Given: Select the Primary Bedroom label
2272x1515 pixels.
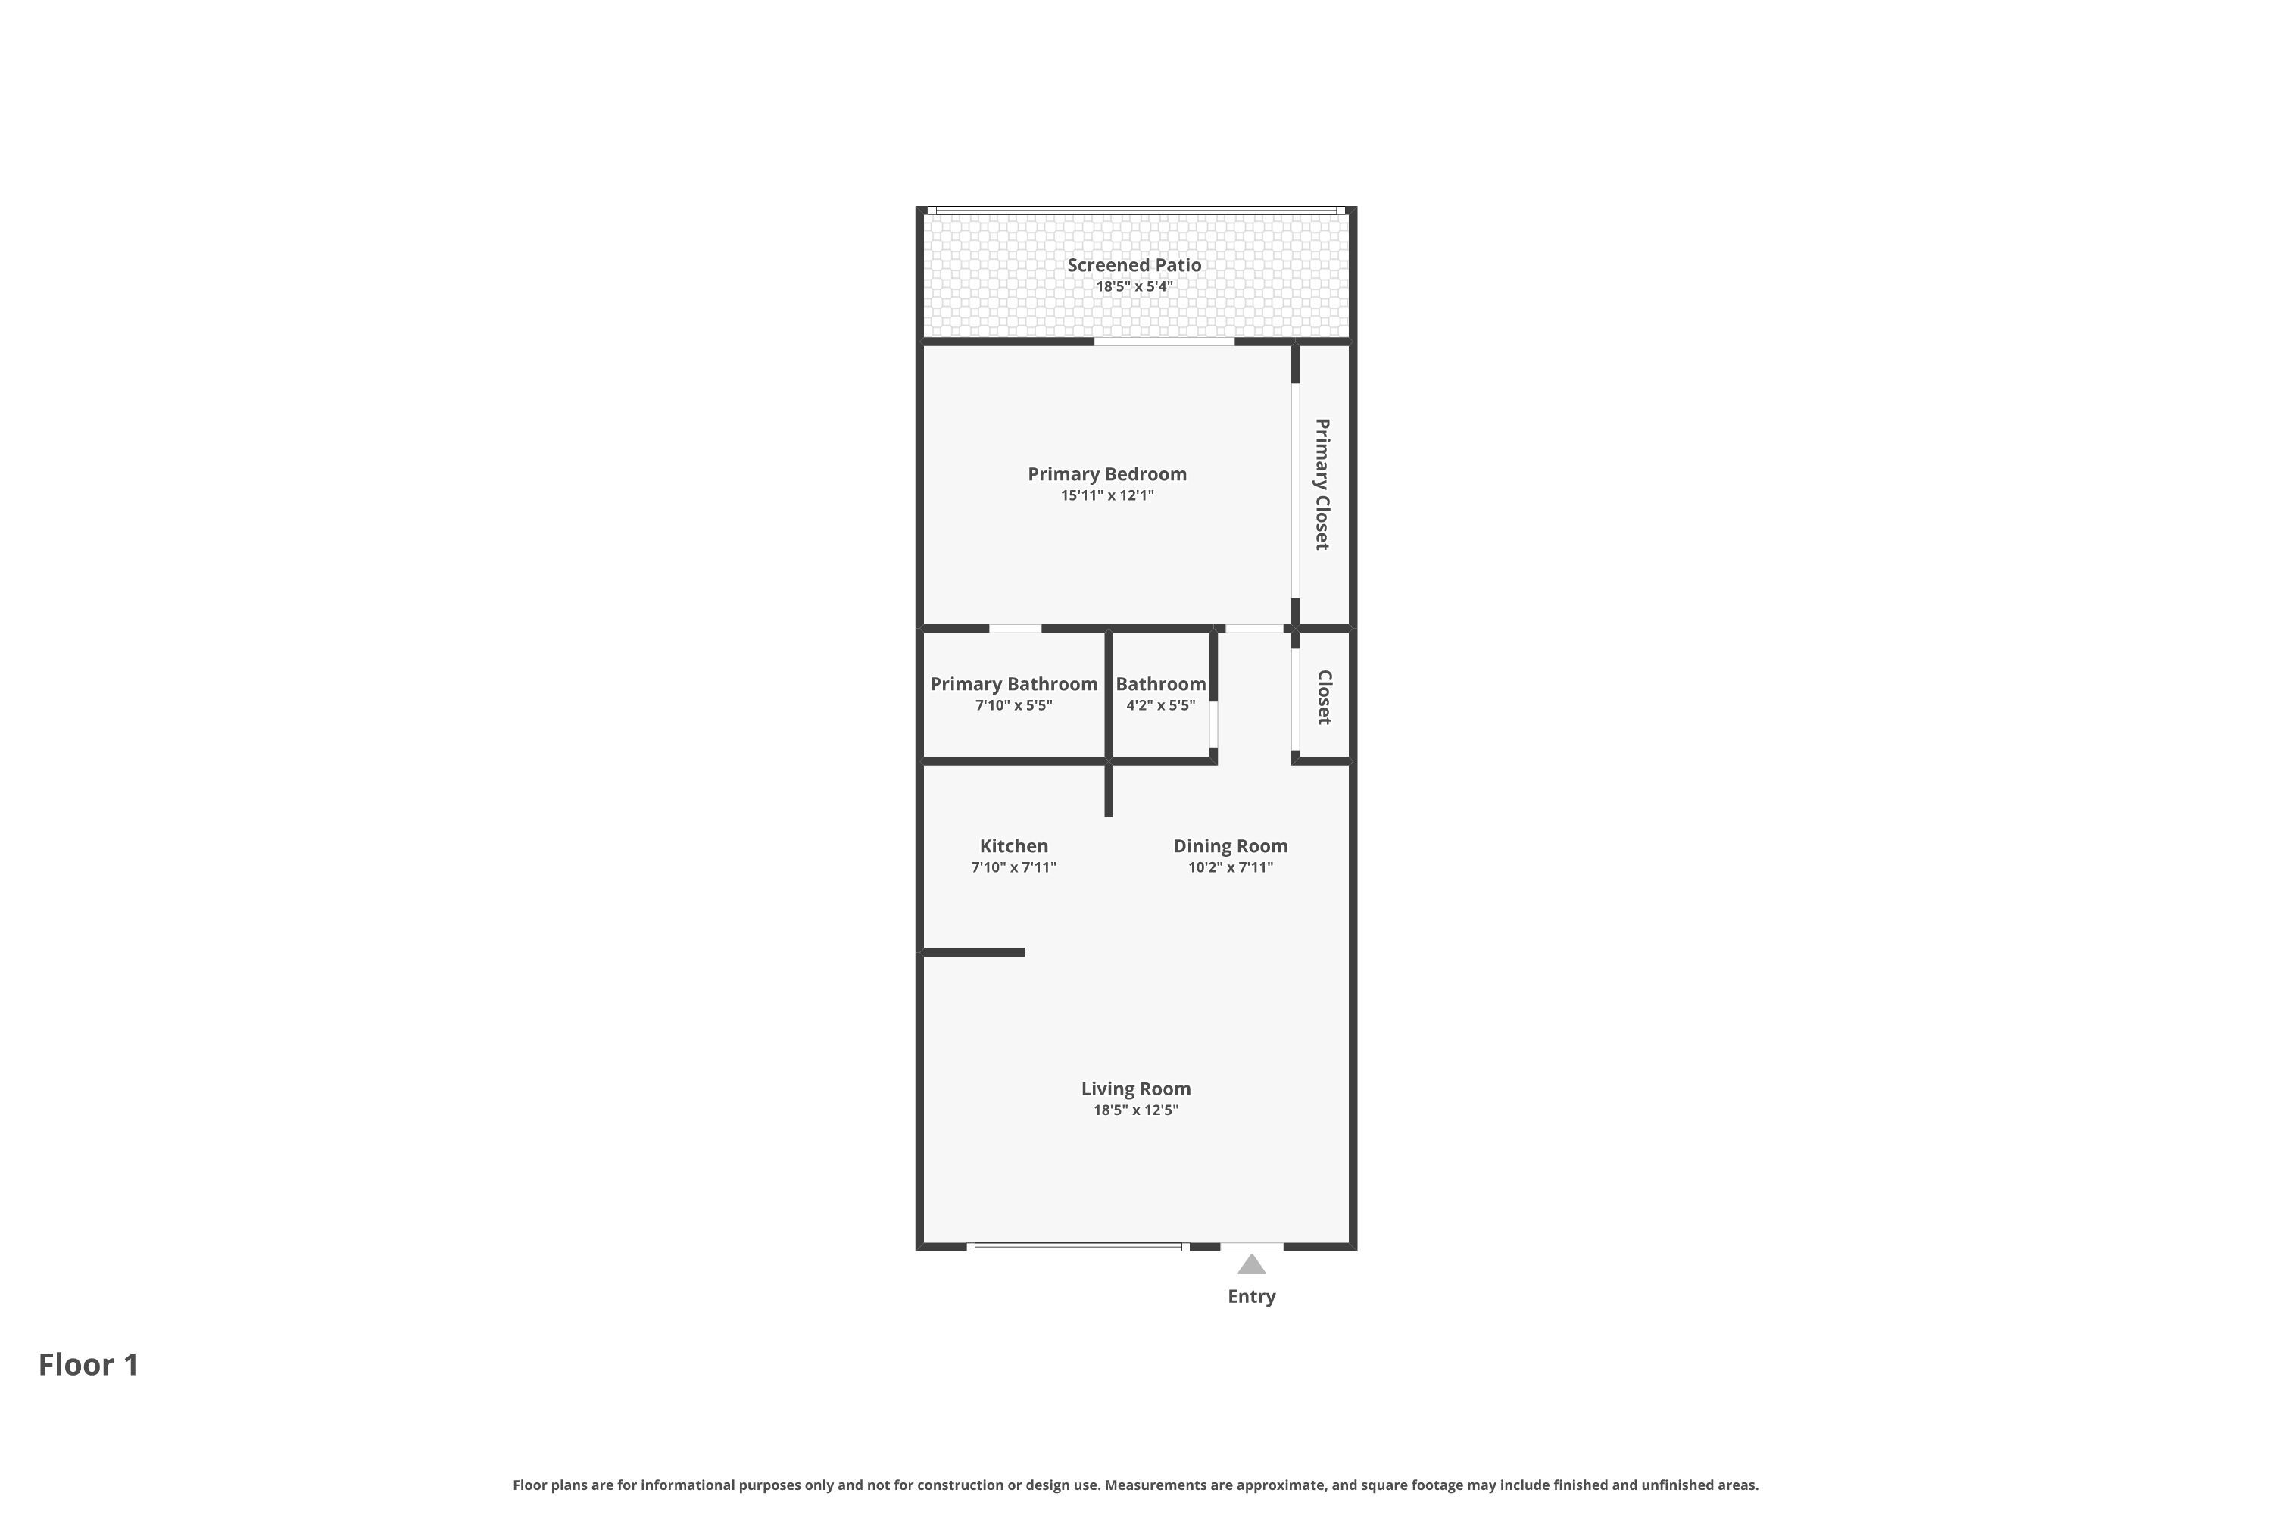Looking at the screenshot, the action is (x=1107, y=474).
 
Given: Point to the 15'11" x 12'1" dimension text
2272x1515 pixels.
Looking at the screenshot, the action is (x=1107, y=495).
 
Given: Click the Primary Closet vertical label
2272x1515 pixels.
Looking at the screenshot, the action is (x=1322, y=484).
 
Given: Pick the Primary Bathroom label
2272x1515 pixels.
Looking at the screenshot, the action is (x=1013, y=684).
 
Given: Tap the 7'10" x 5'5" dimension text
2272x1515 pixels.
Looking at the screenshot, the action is (x=1013, y=705).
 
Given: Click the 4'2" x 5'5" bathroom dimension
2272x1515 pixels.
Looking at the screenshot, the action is (x=1160, y=705).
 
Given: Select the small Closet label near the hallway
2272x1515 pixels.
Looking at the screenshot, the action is (x=1325, y=697).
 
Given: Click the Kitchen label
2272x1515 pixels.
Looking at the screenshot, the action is (x=1013, y=845).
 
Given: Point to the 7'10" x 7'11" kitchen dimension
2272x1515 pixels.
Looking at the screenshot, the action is (x=1013, y=867).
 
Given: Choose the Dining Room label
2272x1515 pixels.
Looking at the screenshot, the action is (x=1231, y=845).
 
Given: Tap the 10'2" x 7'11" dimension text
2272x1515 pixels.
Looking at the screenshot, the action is (x=1231, y=867).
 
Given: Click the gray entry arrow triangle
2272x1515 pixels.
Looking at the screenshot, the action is (x=1251, y=1265).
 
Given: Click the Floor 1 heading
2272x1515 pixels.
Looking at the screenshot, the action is (x=89, y=1364).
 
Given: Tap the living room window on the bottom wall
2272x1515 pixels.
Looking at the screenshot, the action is (x=1078, y=1246).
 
